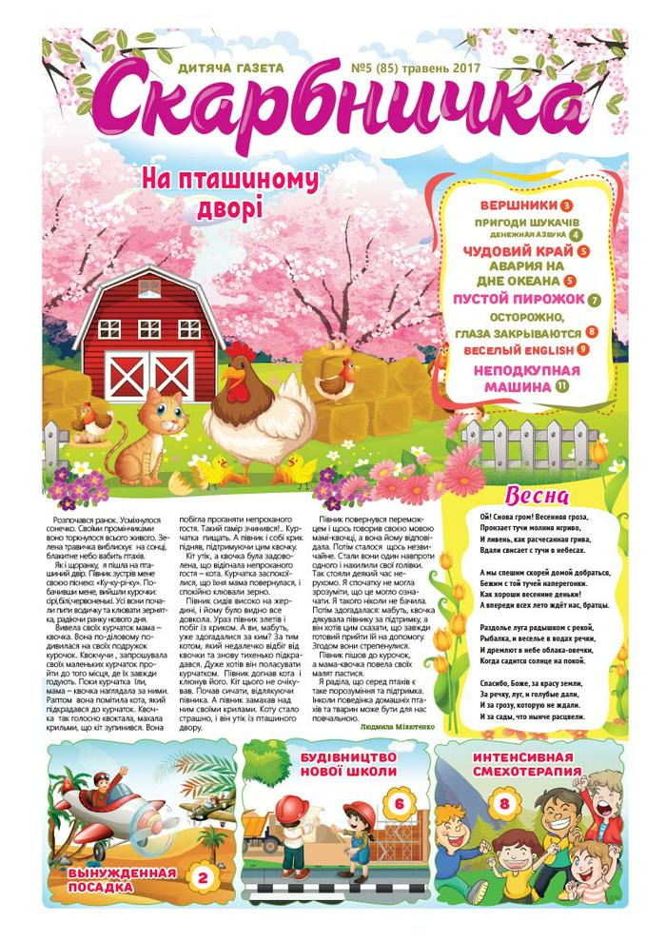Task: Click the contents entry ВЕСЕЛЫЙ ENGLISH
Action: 515,349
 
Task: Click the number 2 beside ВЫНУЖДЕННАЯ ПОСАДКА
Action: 201,878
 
